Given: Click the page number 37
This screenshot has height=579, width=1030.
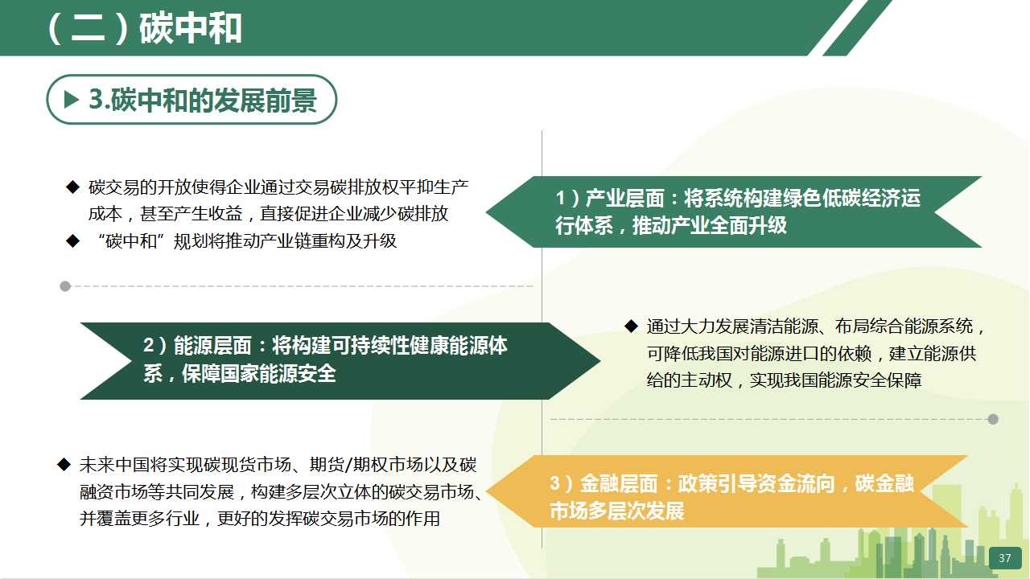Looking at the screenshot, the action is point(1005,558).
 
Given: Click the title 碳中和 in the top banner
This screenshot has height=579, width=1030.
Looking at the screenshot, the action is point(191,29).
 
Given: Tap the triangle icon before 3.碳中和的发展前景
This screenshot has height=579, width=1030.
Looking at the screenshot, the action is point(72,99).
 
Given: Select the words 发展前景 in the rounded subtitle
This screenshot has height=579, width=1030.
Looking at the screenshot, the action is point(266,100).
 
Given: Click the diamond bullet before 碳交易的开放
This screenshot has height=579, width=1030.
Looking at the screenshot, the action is point(72,187).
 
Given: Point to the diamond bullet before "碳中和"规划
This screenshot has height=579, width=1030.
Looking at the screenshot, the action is point(72,240).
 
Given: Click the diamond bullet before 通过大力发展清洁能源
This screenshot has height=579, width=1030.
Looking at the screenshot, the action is point(632,326).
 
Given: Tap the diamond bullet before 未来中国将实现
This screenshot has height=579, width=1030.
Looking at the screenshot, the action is point(64,464).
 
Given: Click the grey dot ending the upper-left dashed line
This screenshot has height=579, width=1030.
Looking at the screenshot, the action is point(65,286).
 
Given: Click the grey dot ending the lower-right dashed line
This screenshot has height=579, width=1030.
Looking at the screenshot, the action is point(993,419).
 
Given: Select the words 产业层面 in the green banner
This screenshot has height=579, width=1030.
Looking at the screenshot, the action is point(625,198).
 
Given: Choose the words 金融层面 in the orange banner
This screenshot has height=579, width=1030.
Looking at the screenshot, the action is point(619,483).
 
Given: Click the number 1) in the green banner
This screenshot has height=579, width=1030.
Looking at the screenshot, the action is point(567,198).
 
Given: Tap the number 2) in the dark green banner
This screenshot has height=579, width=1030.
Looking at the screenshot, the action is point(154,346).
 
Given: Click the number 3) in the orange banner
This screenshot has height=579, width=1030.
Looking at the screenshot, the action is point(561,483).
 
